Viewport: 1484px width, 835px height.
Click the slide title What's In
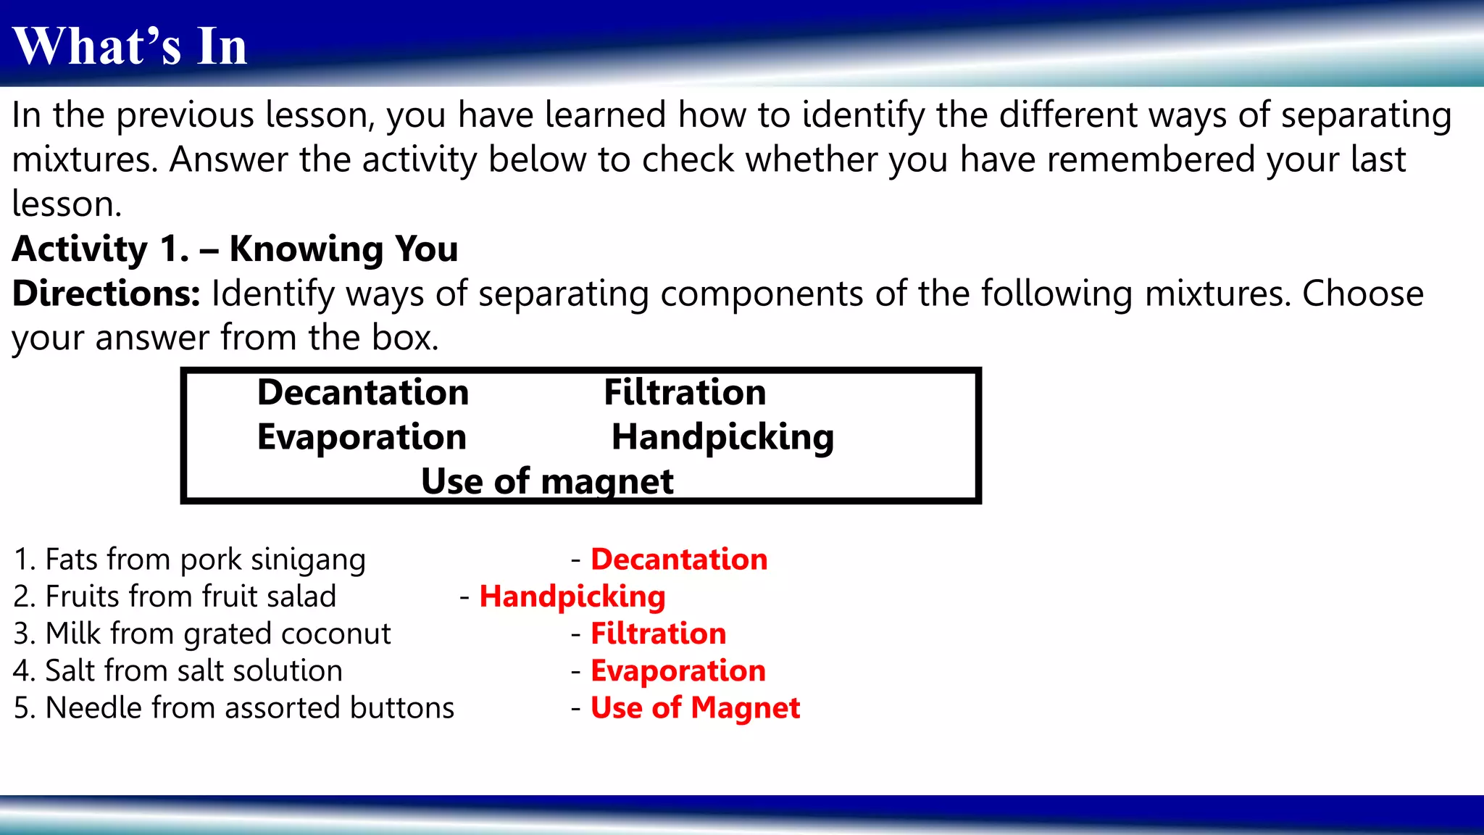(130, 46)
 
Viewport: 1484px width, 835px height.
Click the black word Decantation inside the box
(363, 392)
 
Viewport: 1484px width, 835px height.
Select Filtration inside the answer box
(685, 392)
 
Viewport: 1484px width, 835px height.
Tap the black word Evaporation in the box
(362, 437)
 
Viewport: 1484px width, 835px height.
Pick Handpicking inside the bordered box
(722, 438)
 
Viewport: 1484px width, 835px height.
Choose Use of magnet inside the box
(547, 482)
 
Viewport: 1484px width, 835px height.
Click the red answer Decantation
(679, 560)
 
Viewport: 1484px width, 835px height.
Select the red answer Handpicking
(572, 597)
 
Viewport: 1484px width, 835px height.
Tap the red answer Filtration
(658, 633)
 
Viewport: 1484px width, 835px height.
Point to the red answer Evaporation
(678, 671)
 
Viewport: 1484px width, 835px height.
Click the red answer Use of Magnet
(695, 708)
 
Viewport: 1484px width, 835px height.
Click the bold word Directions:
(107, 294)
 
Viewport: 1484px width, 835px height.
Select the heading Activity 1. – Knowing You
(235, 249)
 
